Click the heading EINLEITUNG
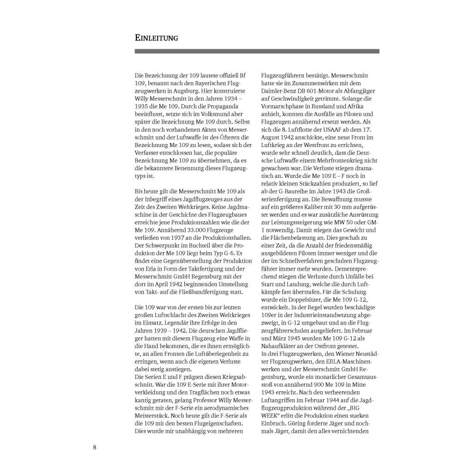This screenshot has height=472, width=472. [x=156, y=38]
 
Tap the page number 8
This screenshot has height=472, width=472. [x=94, y=447]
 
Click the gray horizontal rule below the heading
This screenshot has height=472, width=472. [x=257, y=51]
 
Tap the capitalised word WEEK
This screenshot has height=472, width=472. [x=271, y=416]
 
